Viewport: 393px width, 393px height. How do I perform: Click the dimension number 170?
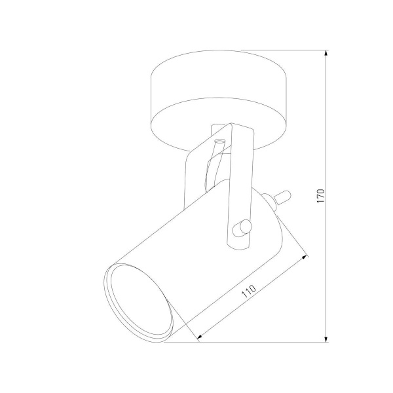coord(320,196)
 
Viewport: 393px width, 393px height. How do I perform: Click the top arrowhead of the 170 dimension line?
coord(327,53)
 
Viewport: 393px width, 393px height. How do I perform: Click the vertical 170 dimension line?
coord(327,131)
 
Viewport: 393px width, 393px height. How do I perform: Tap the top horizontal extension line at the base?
coord(282,50)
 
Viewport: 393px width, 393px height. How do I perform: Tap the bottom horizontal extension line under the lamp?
coord(262,341)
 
